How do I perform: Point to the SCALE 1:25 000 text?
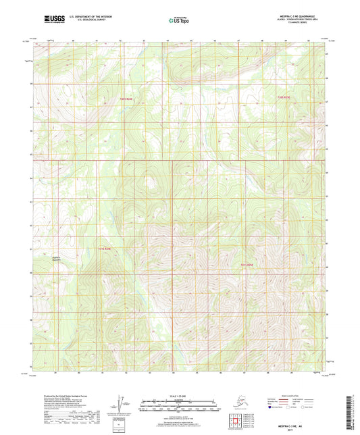click(x=179, y=397)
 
